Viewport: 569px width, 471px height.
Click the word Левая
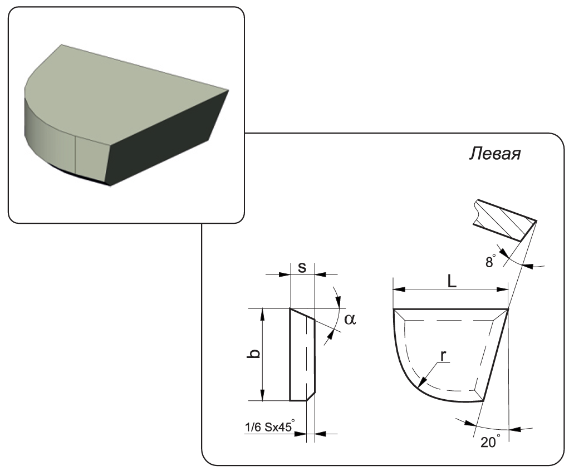coord(494,154)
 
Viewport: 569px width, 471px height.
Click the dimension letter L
coord(452,282)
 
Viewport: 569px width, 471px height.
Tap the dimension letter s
coord(302,267)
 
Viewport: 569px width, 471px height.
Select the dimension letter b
coord(253,354)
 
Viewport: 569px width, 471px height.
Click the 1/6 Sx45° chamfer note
coord(268,428)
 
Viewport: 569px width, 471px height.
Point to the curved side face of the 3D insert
coord(50,134)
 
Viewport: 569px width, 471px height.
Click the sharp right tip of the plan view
coord(508,310)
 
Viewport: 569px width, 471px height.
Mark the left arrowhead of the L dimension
coord(396,289)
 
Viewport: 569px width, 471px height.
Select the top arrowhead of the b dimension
coord(263,312)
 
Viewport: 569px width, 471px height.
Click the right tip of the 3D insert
coord(228,89)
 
